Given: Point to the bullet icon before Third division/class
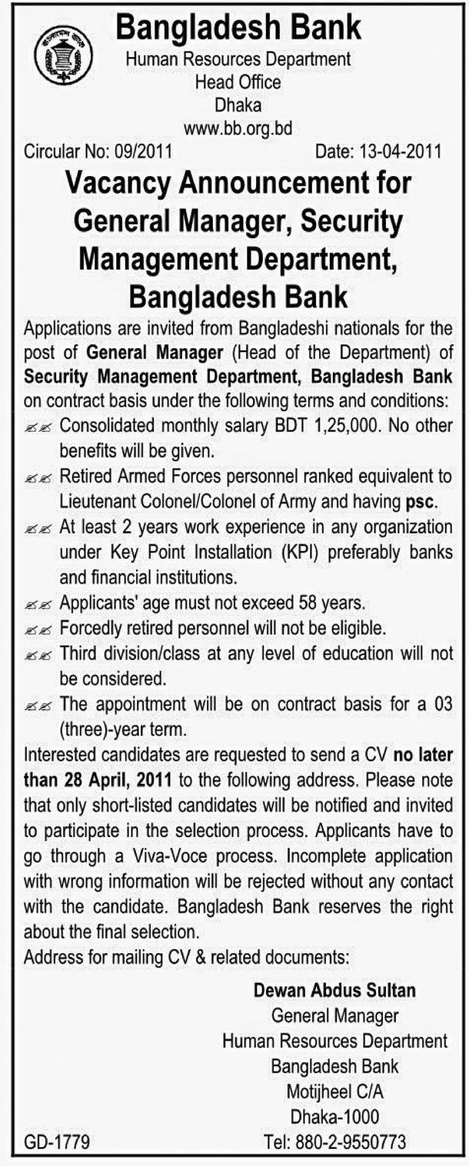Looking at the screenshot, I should coord(38,655).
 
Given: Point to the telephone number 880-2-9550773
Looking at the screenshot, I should coord(354,1142).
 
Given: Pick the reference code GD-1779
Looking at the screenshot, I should coord(57,1142).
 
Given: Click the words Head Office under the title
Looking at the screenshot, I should coord(238,81).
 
